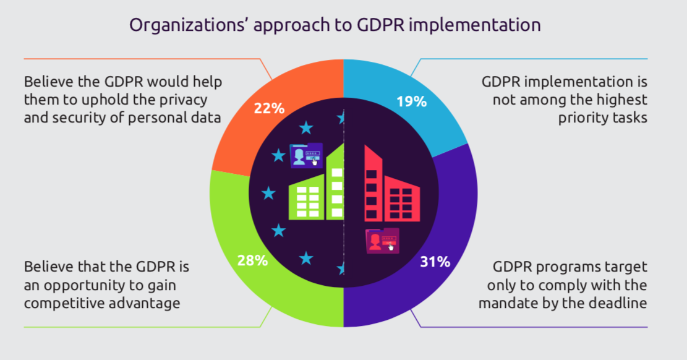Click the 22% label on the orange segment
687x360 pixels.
click(269, 108)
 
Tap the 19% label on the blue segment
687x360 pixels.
click(411, 101)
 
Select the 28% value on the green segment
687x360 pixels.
click(252, 260)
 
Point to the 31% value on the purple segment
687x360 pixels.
click(435, 262)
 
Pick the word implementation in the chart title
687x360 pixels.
click(474, 25)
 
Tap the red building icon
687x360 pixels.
click(392, 183)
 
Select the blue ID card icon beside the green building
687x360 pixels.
click(306, 156)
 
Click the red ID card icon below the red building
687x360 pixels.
click(383, 241)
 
